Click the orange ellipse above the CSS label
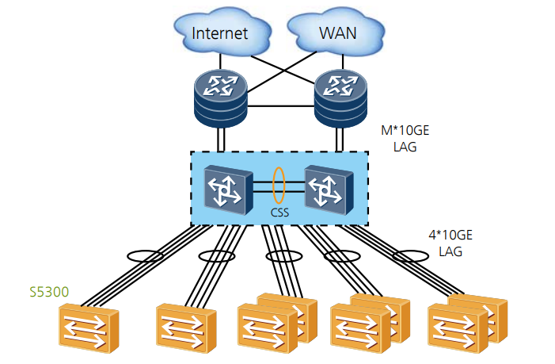click(278, 184)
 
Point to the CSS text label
click(278, 213)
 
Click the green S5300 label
click(47, 292)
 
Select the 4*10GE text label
click(450, 236)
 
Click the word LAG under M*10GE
click(405, 146)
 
